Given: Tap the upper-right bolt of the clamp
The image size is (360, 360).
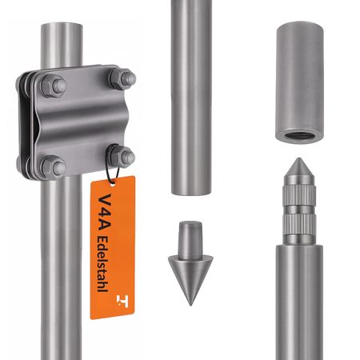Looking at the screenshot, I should [x=121, y=79].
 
